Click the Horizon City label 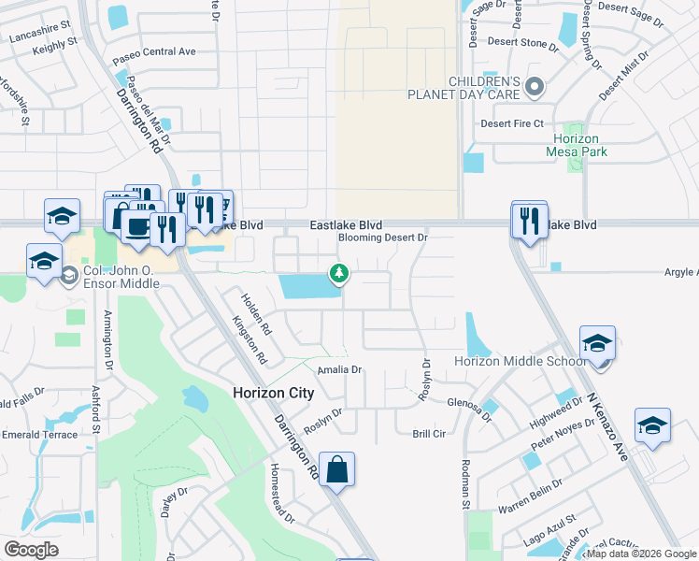point(273,393)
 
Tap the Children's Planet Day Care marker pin point(535,88)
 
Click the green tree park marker point(338,273)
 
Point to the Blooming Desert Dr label point(382,237)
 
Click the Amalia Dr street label point(338,370)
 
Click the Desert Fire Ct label point(511,123)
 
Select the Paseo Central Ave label point(154,51)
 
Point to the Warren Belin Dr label point(530,496)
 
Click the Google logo point(31,550)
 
